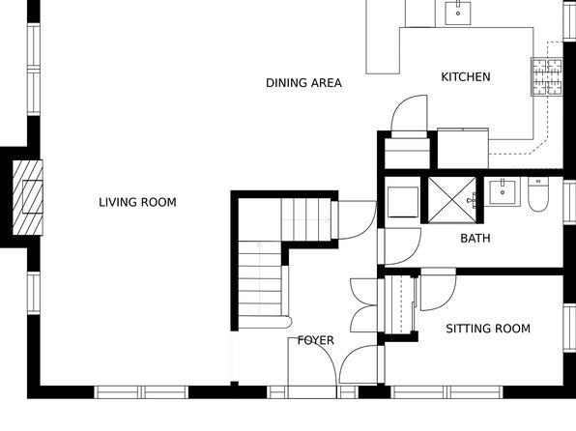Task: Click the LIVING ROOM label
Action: tap(138, 203)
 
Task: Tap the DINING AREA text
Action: tap(303, 83)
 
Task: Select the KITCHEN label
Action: tap(466, 77)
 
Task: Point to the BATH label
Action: tap(475, 239)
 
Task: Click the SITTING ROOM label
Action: tap(488, 329)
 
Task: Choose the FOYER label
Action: tap(316, 340)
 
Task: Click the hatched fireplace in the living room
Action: tap(28, 197)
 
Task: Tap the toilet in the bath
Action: tap(538, 194)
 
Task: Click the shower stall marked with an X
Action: tap(452, 199)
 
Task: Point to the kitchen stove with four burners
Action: tap(547, 76)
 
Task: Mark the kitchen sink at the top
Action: tap(458, 13)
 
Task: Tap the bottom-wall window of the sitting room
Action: tap(446, 392)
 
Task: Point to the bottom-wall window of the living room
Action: tap(141, 392)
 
